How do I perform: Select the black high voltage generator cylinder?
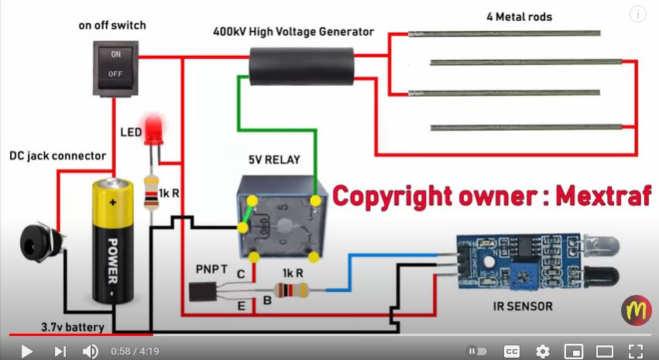pyautogui.click(x=301, y=64)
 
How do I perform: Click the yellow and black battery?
pyautogui.click(x=115, y=241)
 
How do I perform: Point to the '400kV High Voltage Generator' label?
pyautogui.click(x=293, y=32)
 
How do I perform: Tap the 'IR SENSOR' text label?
pyautogui.click(x=523, y=307)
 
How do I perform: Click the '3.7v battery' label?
pyautogui.click(x=73, y=327)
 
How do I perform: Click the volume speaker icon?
pyautogui.click(x=90, y=351)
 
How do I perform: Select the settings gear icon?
pyautogui.click(x=543, y=351)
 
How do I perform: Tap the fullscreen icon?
pyautogui.click(x=635, y=351)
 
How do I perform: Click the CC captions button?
pyautogui.click(x=511, y=351)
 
